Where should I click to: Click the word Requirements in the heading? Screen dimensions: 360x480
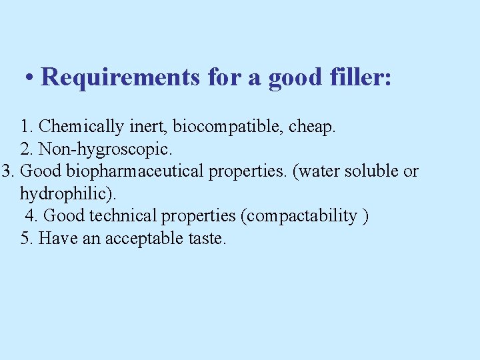pos(120,78)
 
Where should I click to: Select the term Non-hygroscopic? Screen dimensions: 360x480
pos(109,149)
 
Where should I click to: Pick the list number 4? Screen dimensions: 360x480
pos(31,216)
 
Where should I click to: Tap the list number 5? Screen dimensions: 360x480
pos(26,239)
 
